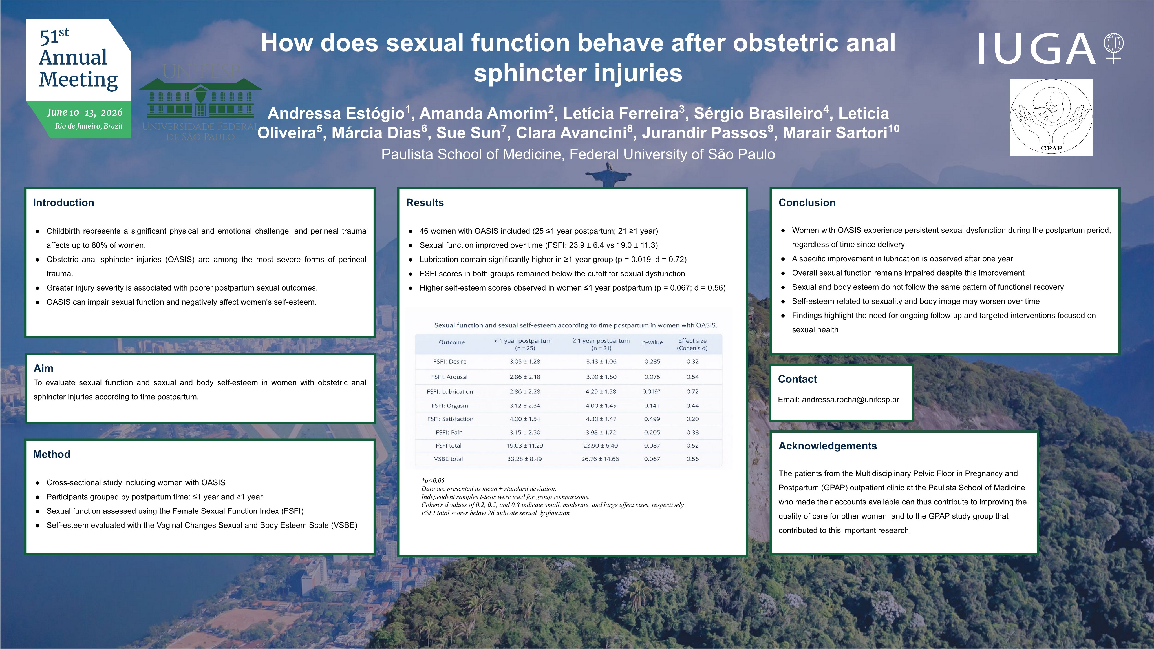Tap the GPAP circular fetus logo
[x=1051, y=117]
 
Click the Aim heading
[x=43, y=368]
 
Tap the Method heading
[x=52, y=454]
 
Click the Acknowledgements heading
[x=828, y=446]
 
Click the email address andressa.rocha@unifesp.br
[x=850, y=400]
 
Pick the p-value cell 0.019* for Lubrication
[x=651, y=391]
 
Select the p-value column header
[x=652, y=342]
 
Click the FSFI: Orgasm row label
[x=450, y=406]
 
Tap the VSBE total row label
[x=448, y=459]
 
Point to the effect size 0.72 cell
[x=692, y=391]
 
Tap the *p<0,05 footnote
[x=433, y=480]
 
